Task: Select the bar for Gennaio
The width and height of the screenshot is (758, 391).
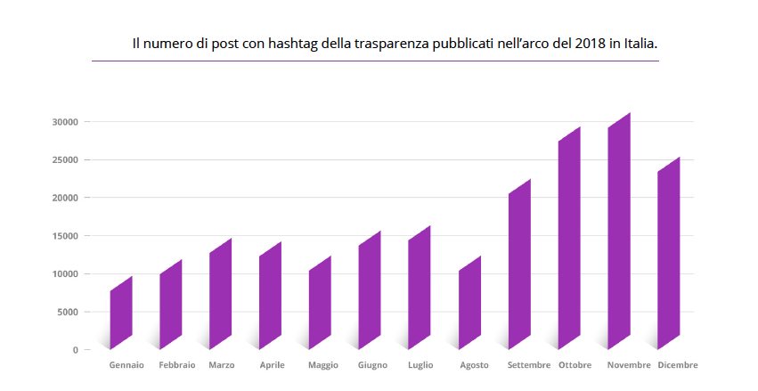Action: point(121,312)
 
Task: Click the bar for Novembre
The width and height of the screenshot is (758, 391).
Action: point(619,232)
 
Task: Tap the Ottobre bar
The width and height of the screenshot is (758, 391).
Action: point(569,238)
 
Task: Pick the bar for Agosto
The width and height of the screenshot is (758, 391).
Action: point(469,303)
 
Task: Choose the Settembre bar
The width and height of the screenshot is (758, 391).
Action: point(519,265)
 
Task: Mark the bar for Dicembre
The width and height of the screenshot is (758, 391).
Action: point(669,253)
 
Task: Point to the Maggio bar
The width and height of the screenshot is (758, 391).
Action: point(320,303)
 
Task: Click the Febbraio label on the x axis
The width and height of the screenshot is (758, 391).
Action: point(176,365)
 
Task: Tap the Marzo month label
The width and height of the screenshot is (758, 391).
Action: point(222,365)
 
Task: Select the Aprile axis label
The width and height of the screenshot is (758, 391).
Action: point(272,365)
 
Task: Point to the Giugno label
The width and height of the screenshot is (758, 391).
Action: point(372,365)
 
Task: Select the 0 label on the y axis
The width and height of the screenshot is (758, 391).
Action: point(75,350)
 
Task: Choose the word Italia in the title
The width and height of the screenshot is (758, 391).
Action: point(640,43)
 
